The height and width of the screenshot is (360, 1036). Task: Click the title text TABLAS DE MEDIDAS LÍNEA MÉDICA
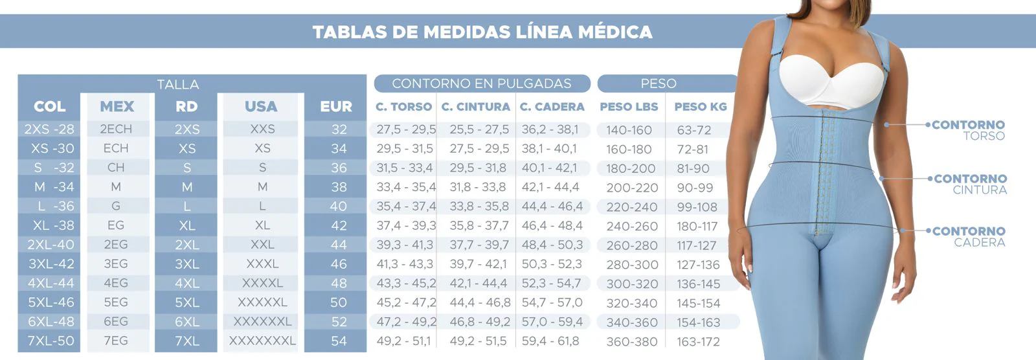pyautogui.click(x=482, y=32)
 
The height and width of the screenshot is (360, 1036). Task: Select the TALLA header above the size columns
pyautogui.click(x=178, y=84)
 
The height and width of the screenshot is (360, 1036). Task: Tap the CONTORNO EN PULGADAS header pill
pyautogui.click(x=482, y=84)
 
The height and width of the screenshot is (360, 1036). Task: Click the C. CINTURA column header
pyautogui.click(x=476, y=107)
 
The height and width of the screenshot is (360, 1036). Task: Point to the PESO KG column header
pyautogui.click(x=701, y=107)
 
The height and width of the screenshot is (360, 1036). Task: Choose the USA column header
pyautogui.click(x=261, y=107)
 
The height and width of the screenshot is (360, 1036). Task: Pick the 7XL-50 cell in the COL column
pyautogui.click(x=51, y=341)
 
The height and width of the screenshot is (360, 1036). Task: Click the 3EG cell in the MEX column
pyautogui.click(x=116, y=264)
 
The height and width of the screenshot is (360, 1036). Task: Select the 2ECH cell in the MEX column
pyautogui.click(x=116, y=129)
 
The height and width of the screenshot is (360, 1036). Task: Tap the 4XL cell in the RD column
pyautogui.click(x=187, y=283)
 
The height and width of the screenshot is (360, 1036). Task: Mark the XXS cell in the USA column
pyautogui.click(x=262, y=129)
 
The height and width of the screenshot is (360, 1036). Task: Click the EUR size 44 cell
pyautogui.click(x=339, y=245)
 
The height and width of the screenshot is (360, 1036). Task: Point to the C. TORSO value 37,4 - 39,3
pyautogui.click(x=406, y=225)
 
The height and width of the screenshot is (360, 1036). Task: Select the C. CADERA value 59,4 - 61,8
pyautogui.click(x=550, y=341)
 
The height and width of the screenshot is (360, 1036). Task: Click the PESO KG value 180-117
pyautogui.click(x=697, y=227)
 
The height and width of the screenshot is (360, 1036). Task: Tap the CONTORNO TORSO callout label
pyautogui.click(x=969, y=130)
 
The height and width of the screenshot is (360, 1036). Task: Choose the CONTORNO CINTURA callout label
pyautogui.click(x=970, y=184)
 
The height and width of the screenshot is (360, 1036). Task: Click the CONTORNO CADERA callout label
pyautogui.click(x=969, y=236)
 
